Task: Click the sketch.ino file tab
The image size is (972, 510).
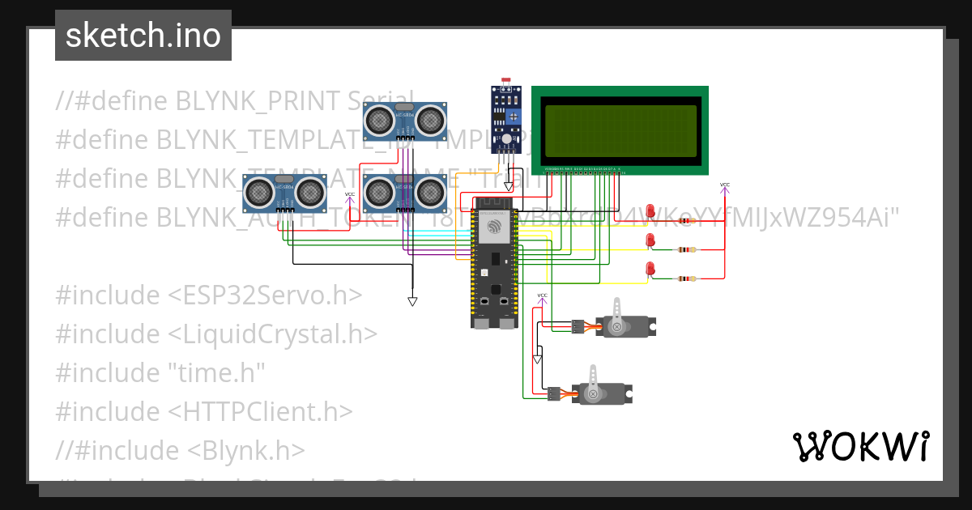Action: [x=143, y=36]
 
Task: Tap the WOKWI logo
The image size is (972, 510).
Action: [x=860, y=446]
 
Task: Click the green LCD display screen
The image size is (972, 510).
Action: [x=620, y=130]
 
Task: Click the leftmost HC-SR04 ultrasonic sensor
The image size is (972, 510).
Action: [x=284, y=193]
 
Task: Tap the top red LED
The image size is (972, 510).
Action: [x=650, y=210]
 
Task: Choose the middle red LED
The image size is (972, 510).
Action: [x=650, y=240]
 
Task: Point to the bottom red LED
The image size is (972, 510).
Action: [x=650, y=269]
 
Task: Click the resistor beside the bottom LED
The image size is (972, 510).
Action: [x=687, y=278]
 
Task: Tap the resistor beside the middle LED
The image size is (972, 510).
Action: [x=687, y=249]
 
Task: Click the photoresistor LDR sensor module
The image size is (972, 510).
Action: [x=506, y=119]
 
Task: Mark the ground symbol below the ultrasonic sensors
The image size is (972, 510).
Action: [x=412, y=301]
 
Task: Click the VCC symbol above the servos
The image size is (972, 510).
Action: [x=543, y=297]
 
